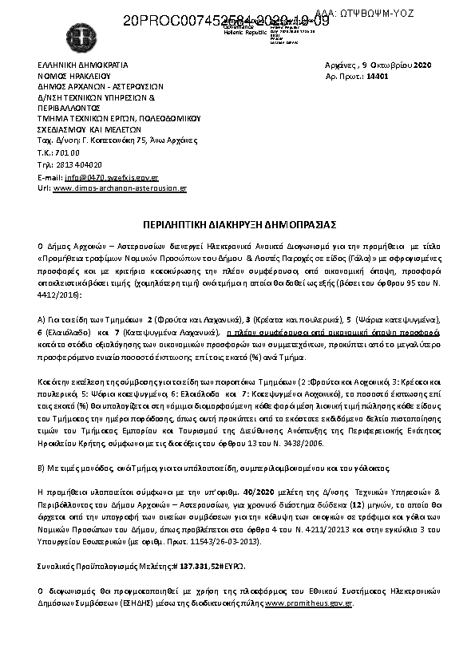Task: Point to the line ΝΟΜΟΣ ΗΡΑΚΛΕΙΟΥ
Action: click(x=73, y=74)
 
